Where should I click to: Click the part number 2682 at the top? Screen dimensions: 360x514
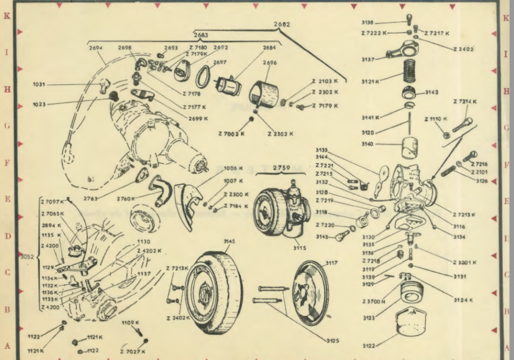point(281,24)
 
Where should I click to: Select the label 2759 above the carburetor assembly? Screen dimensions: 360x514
point(282,168)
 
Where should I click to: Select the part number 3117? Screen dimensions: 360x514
point(332,263)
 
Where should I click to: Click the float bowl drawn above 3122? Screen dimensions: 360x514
point(413,322)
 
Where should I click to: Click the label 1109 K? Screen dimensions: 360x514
point(130,322)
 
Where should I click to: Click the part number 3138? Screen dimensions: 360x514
point(382,23)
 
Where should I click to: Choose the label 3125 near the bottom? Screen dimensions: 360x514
point(335,339)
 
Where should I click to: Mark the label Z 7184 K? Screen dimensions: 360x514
point(235,206)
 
